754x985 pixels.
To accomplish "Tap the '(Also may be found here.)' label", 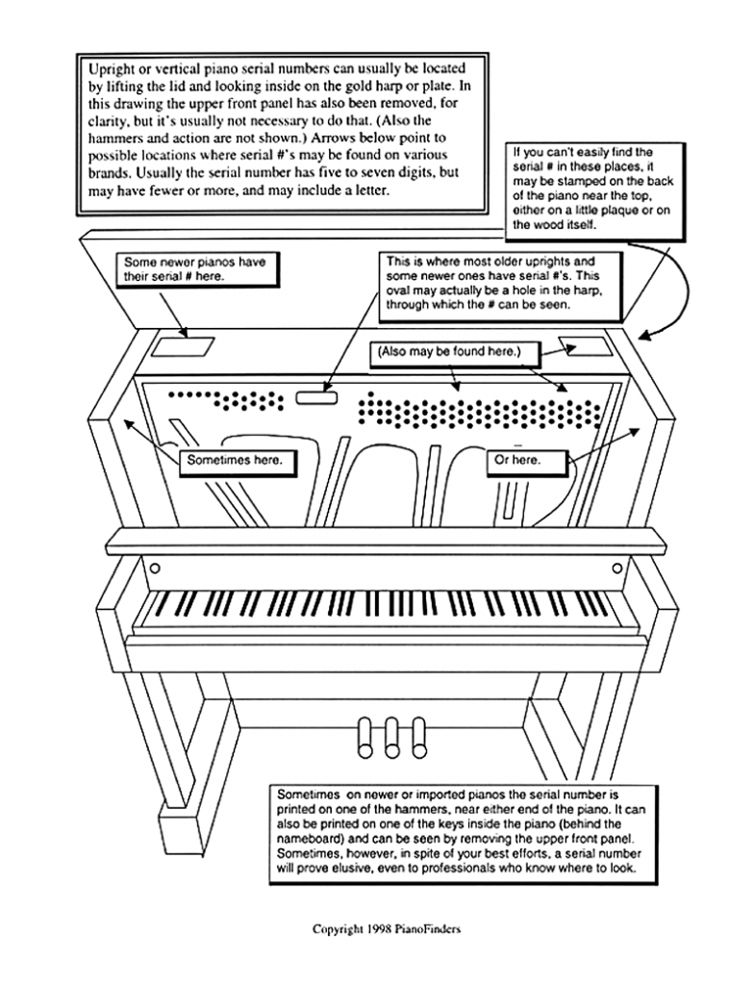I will tap(448, 353).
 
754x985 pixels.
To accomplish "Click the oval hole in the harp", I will tap(316, 395).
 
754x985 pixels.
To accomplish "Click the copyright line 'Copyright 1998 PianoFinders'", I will tap(392, 929).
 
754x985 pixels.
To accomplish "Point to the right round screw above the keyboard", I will tap(616, 568).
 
